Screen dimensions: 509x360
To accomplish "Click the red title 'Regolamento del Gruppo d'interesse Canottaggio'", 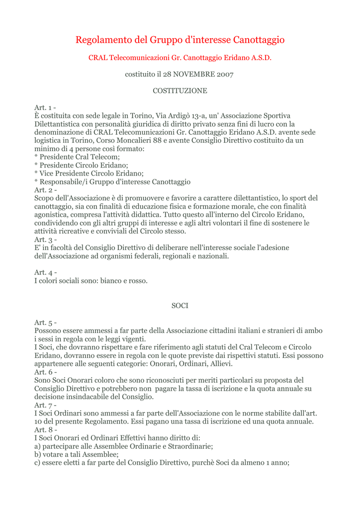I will coord(180,40).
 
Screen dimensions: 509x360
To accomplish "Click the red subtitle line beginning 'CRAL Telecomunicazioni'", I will coord(180,58).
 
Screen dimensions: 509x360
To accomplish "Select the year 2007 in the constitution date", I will coord(225,75).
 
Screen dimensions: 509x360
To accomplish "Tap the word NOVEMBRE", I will coord(193,75).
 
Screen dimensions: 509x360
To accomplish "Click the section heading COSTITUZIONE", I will coord(180,91).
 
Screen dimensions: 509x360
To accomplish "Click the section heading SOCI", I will coord(180,306).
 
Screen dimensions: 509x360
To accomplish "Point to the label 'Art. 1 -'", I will coord(45,108).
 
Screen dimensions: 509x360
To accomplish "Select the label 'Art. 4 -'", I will coord(45,272).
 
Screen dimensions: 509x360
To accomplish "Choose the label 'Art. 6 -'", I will coord(45,372).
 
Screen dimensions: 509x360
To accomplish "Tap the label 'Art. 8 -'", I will coord(45,429).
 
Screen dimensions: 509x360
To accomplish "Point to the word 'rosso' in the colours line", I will coord(137,281).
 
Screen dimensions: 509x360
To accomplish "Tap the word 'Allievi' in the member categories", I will coord(219,363).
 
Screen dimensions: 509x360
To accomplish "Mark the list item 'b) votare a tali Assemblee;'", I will coord(77,454).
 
